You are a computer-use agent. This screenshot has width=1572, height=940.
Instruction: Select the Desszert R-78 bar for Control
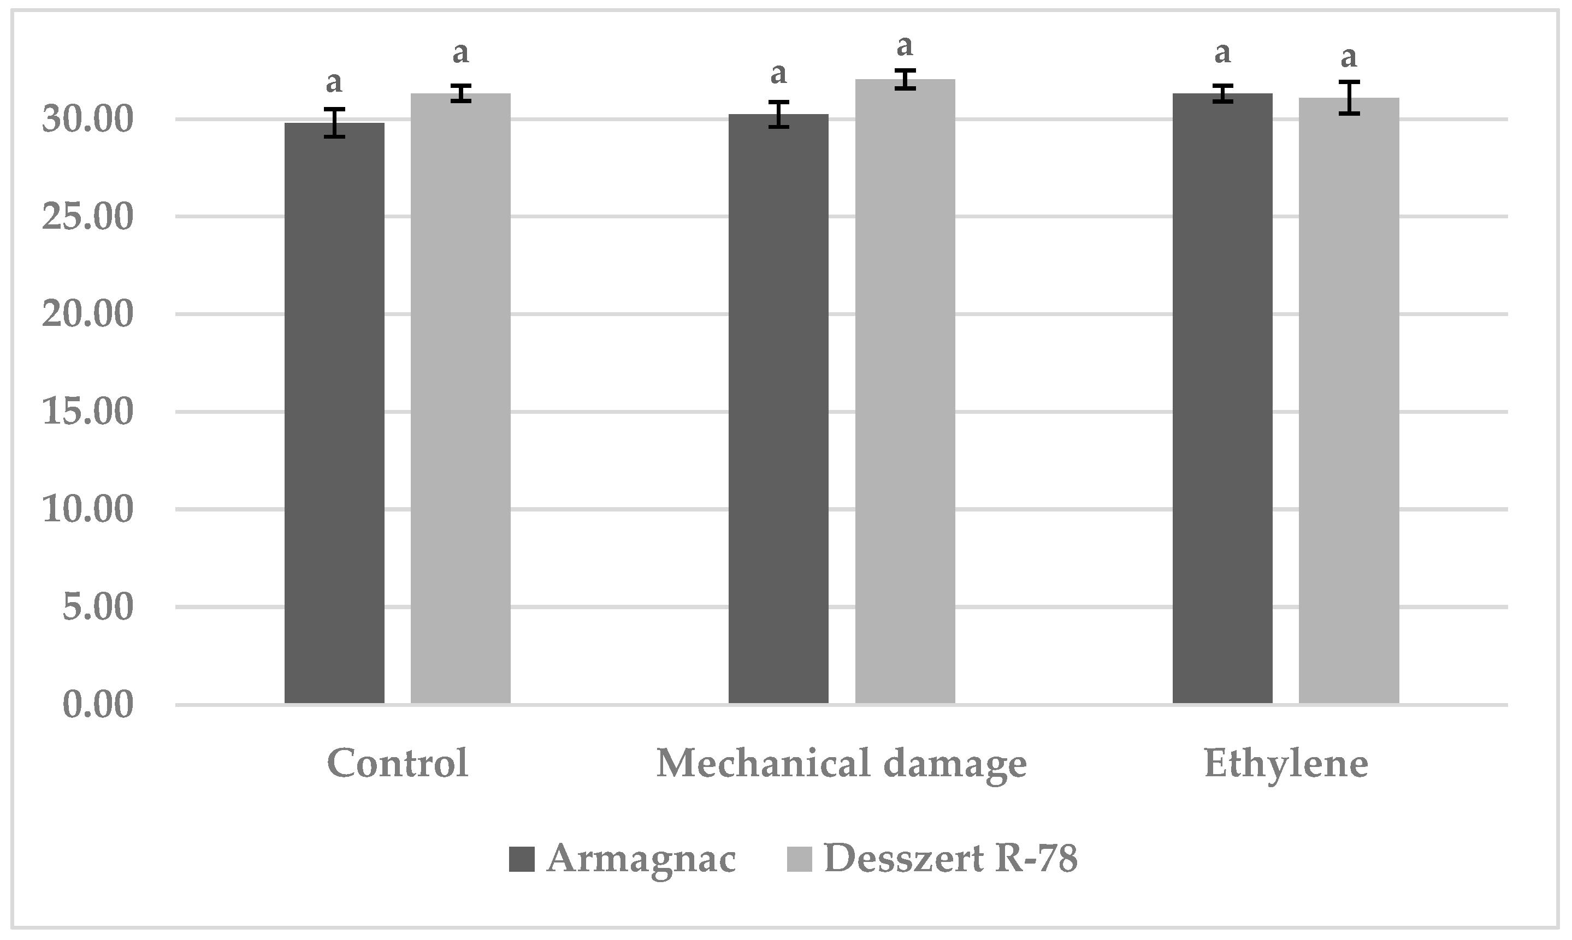(x=460, y=398)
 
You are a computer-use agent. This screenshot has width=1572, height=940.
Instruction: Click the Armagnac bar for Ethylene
(x=1222, y=398)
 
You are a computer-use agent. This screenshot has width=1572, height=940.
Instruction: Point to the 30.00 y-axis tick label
(x=87, y=120)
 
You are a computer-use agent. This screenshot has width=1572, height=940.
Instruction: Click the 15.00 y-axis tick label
(x=87, y=412)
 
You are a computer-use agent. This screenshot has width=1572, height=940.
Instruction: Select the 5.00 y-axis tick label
(x=98, y=608)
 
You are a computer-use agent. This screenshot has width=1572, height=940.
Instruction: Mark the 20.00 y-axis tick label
(x=87, y=315)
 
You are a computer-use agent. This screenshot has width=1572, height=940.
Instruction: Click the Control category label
(x=397, y=763)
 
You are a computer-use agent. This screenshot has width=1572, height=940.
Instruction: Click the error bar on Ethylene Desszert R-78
(x=1349, y=98)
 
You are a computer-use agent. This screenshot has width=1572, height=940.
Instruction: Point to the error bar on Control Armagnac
(x=334, y=123)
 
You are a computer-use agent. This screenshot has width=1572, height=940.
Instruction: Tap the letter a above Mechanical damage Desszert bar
(x=905, y=46)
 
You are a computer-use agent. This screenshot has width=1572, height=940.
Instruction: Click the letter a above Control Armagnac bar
(x=334, y=82)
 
